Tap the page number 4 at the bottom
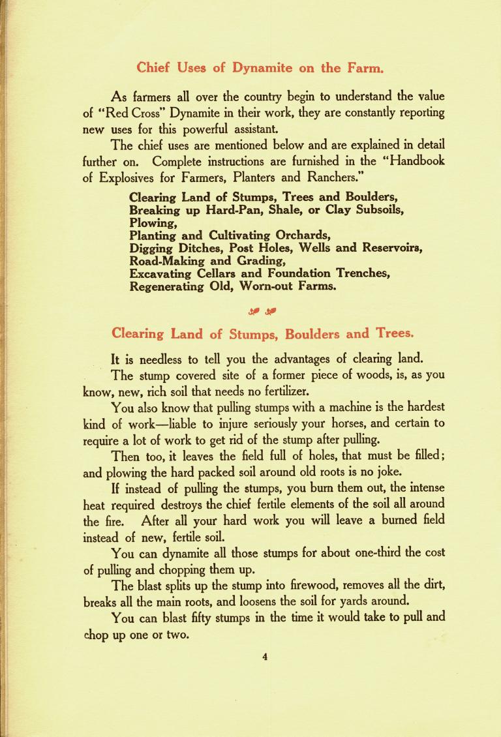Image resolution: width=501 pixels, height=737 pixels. click(x=266, y=657)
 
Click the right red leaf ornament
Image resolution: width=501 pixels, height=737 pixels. click(x=270, y=310)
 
